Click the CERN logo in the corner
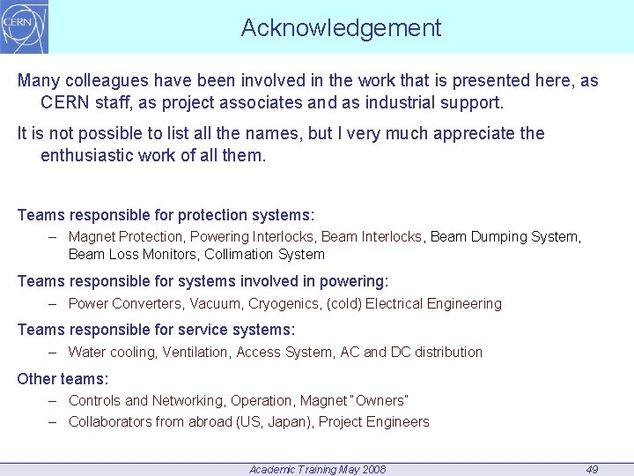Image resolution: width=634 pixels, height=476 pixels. (25, 26)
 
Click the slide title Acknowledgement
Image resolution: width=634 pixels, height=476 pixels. (341, 28)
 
